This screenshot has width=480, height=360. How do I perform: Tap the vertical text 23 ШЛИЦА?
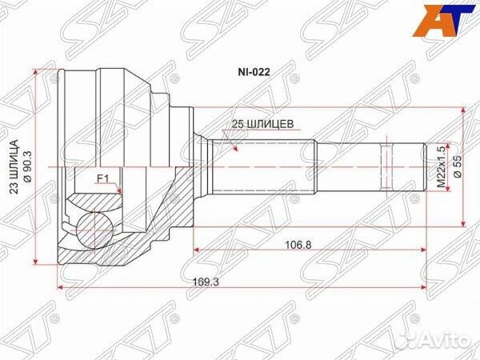point(14,167)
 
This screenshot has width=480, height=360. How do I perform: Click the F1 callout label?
point(102,178)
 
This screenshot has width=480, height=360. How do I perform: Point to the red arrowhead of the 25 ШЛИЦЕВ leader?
point(234,149)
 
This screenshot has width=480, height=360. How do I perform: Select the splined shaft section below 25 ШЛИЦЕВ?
point(260,167)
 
